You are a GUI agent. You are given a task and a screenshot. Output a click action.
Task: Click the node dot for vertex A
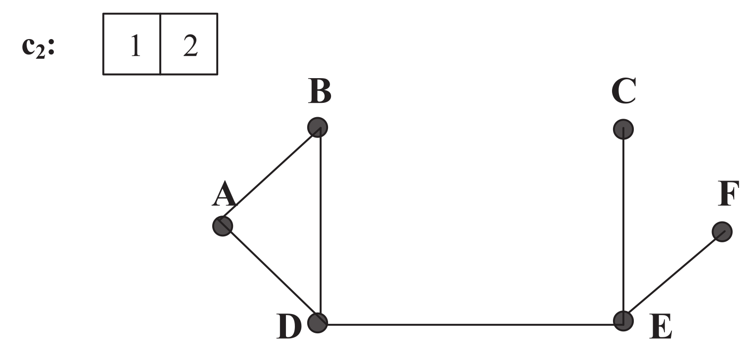(222, 226)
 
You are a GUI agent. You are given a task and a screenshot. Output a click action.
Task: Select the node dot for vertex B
(317, 128)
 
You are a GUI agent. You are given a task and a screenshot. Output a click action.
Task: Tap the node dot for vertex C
(622, 130)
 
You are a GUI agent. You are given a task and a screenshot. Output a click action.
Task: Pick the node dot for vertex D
(317, 323)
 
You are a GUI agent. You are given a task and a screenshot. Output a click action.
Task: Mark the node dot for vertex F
(722, 231)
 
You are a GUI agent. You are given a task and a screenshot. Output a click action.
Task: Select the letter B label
(319, 92)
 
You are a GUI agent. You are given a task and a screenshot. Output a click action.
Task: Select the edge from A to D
(270, 274)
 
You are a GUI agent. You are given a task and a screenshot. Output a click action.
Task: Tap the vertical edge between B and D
(321, 225)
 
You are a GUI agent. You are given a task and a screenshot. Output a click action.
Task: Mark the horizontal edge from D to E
(470, 325)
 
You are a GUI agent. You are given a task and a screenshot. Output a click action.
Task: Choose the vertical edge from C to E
(623, 225)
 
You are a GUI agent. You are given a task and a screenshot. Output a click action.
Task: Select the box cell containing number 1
(132, 44)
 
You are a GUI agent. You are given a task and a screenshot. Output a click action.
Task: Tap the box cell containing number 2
(189, 44)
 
